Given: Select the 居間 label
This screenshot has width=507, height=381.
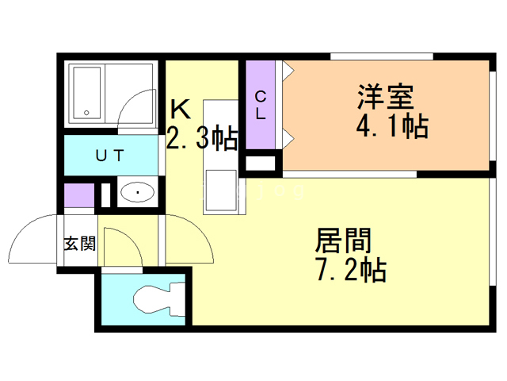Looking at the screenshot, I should click(344, 241).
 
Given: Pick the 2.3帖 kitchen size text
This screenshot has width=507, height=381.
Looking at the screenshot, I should click(201, 140).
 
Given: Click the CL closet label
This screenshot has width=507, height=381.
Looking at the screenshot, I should click(260, 104).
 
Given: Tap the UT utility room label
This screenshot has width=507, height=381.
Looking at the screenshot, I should click(109, 156).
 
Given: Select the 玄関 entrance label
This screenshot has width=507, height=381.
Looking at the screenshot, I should click(79, 244).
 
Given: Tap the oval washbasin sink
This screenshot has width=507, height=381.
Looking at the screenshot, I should click(139, 192).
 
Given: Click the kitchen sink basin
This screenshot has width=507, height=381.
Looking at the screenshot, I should click(220, 190).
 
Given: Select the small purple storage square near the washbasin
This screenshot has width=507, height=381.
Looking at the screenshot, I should click(78, 195).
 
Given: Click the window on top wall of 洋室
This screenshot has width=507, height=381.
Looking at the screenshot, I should click(381, 56).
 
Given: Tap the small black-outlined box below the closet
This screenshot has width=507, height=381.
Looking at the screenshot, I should click(261, 164).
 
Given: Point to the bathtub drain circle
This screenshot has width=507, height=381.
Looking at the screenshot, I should click(86, 112).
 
